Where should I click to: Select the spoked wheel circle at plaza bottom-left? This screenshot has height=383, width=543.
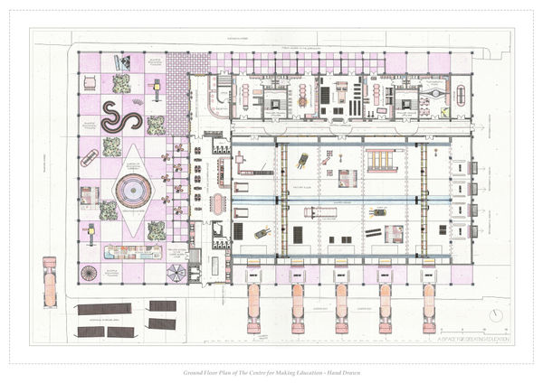tap(90, 273)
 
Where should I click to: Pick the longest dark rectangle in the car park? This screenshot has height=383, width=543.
tap(105, 309)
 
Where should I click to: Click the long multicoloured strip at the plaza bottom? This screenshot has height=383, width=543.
tap(132, 252)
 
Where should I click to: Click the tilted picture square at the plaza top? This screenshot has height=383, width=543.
tap(121, 62)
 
